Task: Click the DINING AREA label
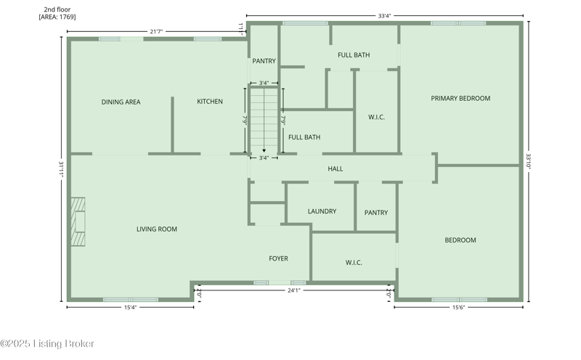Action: [x=121, y=102]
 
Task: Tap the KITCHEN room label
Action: [x=210, y=101]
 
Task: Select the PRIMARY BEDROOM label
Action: [x=460, y=98]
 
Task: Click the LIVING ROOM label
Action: [x=157, y=229]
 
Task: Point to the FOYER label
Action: [x=278, y=258]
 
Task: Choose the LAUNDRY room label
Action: [x=322, y=211]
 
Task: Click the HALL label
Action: [x=336, y=169]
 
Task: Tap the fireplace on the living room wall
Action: [x=78, y=221]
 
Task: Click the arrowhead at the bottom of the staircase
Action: [x=264, y=150]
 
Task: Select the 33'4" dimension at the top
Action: [x=385, y=16]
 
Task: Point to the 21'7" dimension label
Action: [x=156, y=31]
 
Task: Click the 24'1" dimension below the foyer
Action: [x=294, y=290]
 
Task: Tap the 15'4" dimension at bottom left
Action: [x=131, y=307]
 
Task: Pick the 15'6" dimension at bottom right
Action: [x=458, y=307]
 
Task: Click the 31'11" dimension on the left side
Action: [x=61, y=169]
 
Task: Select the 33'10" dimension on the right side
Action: [x=529, y=161]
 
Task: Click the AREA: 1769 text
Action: [x=57, y=17]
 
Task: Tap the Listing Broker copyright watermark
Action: [x=47, y=344]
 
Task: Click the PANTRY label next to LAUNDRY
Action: [x=376, y=213]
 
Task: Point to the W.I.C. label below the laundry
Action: [x=354, y=263]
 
